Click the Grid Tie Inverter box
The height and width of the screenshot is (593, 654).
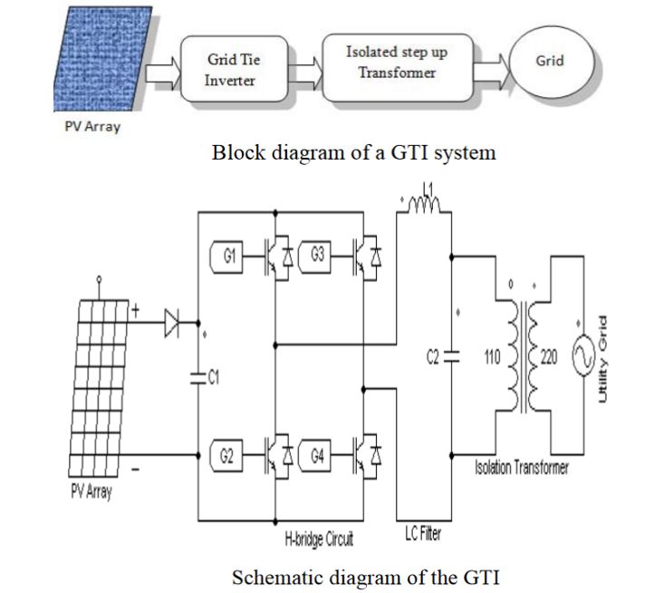pos(234,69)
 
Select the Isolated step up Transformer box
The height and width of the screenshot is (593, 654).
pos(398,68)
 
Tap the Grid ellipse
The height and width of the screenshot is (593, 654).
pos(552,63)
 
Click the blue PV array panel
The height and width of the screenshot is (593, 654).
pos(103,59)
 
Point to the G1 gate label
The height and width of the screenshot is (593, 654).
pos(226,257)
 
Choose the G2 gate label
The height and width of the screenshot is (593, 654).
pos(226,455)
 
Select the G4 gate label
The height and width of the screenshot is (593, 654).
pos(315,455)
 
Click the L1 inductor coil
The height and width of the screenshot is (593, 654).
pos(424,205)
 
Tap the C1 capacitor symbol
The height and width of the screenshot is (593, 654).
pos(198,377)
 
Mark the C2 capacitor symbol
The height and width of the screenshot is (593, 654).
pos(451,356)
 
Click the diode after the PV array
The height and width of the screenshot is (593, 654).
pos(171,323)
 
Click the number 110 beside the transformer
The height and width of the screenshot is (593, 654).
pos(492,357)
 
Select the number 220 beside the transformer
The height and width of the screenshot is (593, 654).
pos(549,357)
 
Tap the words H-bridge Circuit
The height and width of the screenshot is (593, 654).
pos(319,539)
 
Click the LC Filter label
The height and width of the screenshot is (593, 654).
pos(423,533)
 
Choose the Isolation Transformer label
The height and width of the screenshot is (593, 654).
pos(522,467)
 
